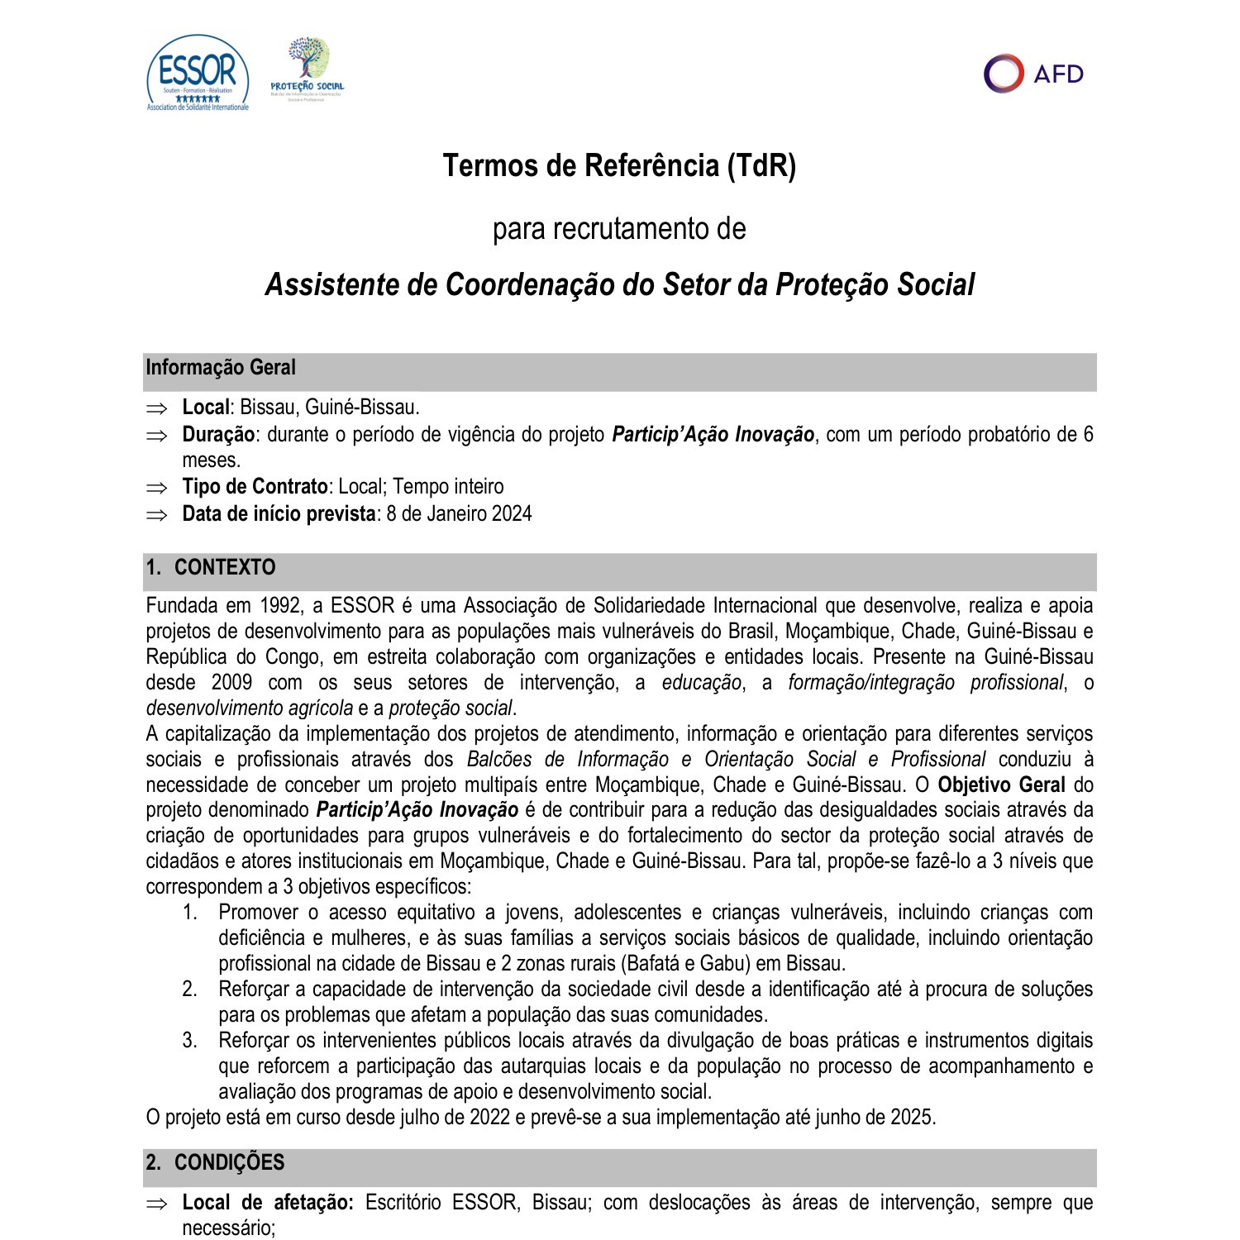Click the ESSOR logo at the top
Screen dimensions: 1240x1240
(198, 73)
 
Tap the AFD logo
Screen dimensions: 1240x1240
(1033, 74)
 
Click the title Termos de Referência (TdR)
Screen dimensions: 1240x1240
(619, 165)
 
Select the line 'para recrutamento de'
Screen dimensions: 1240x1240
(619, 229)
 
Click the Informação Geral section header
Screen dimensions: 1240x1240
(221, 368)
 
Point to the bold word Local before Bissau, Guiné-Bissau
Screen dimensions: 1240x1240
(205, 408)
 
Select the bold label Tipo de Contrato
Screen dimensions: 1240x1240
(255, 487)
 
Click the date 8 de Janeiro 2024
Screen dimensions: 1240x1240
(459, 514)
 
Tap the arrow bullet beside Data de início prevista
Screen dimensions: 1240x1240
(156, 515)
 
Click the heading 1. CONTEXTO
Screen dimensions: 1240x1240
(211, 568)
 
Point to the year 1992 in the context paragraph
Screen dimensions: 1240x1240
(280, 606)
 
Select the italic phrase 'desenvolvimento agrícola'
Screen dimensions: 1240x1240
(249, 708)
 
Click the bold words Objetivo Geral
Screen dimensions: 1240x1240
(1000, 785)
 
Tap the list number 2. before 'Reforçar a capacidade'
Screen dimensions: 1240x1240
(189, 990)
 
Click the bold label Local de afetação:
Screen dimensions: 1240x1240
(267, 1203)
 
